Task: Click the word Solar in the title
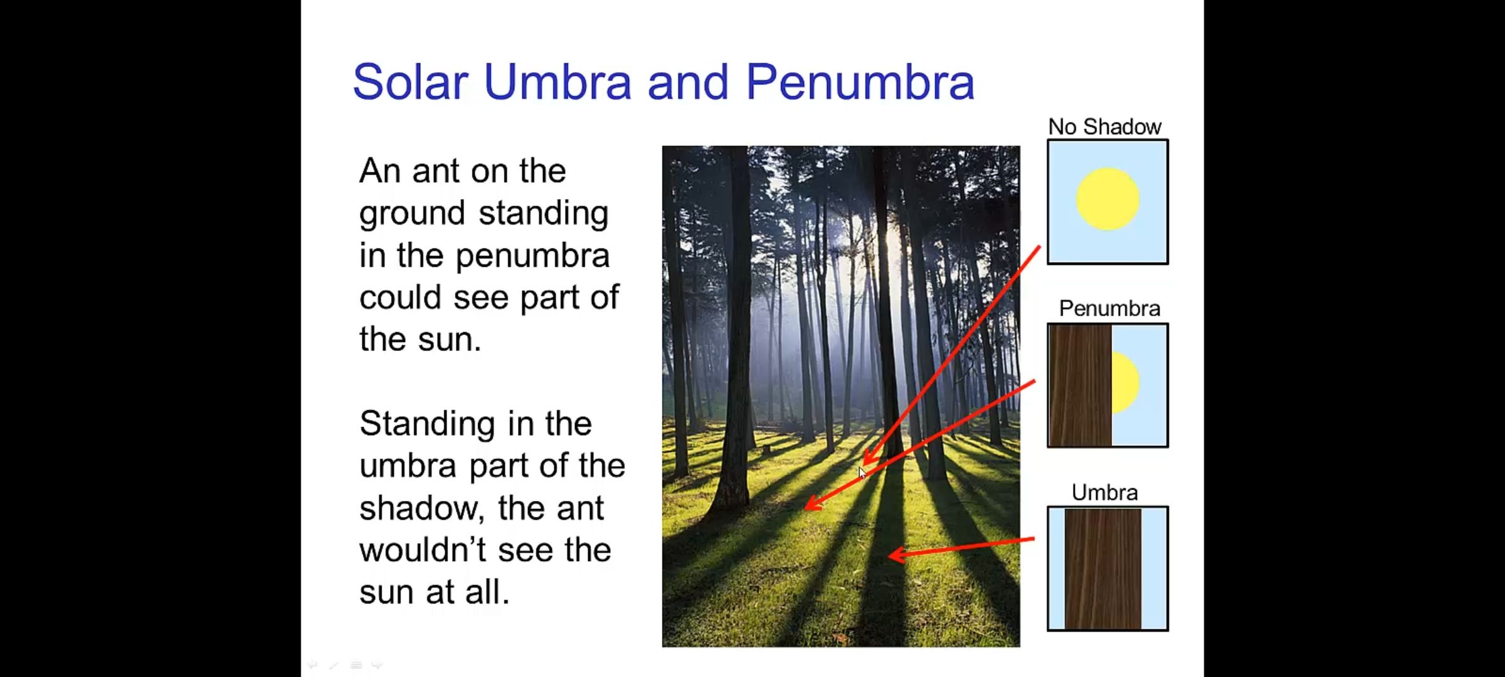pos(411,81)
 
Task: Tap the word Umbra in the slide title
pos(557,81)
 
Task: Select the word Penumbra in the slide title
pos(860,81)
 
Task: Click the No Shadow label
pos(1105,127)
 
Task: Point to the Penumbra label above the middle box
pos(1109,308)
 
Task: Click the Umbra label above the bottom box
pos(1104,493)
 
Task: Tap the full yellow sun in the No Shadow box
pos(1107,199)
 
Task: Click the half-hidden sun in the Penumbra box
pos(1126,382)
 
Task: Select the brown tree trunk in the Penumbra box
pos(1080,385)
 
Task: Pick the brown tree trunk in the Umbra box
pos(1103,568)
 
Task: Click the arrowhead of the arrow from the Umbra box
pos(897,554)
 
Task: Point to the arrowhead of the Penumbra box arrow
pos(812,503)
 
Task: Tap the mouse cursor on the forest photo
pos(862,473)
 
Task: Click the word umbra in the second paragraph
pos(408,466)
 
